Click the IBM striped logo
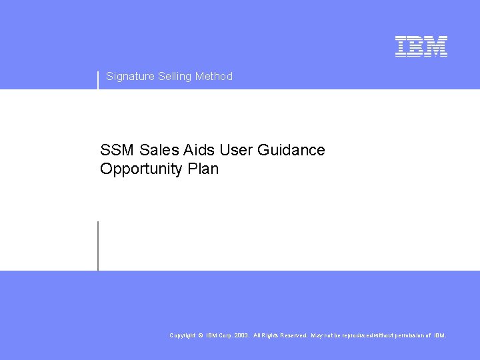point(421,46)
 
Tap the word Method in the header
point(214,77)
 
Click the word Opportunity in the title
point(142,169)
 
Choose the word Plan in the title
point(203,169)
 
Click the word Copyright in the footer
point(183,335)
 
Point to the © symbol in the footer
point(201,335)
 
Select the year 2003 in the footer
point(241,335)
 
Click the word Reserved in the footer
point(294,335)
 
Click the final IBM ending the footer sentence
point(440,335)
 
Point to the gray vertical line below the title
point(98,246)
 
